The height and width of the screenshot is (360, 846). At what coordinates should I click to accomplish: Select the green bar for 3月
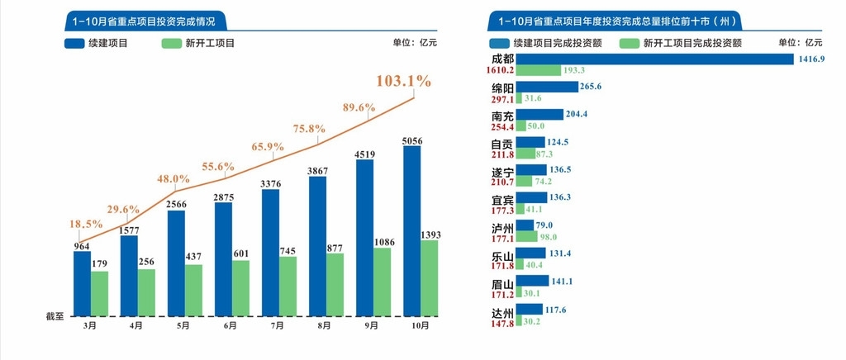[99, 294]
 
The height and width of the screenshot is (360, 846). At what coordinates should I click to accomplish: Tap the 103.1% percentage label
[403, 81]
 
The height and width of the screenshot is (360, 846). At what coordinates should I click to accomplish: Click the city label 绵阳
[502, 88]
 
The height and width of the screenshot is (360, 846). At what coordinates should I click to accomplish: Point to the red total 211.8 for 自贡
[502, 154]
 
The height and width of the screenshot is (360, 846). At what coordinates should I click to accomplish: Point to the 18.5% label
[86, 225]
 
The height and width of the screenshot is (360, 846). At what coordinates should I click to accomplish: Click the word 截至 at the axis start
[55, 315]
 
